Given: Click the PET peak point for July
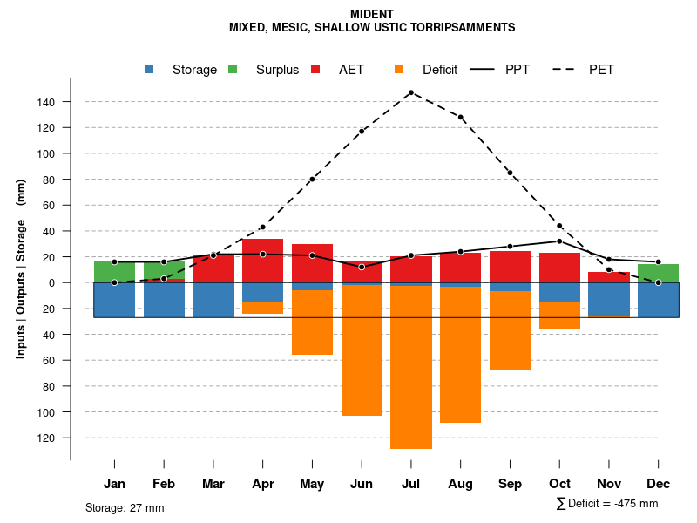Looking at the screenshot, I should tap(410, 92).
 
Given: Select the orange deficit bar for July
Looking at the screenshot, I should tap(411, 366).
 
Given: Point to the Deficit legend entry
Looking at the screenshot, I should tap(426, 70).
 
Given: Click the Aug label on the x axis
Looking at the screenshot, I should tap(460, 484).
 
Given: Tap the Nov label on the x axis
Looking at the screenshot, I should tap(609, 484).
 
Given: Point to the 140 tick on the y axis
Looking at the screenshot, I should tap(46, 102).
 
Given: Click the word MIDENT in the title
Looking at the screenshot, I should tap(371, 14).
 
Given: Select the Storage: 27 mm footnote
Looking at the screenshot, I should tap(125, 507).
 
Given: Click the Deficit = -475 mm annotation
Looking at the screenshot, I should tap(607, 504).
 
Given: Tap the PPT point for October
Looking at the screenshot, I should tap(559, 241).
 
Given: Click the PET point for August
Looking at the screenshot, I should tap(460, 117).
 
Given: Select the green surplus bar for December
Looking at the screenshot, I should tap(658, 273).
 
